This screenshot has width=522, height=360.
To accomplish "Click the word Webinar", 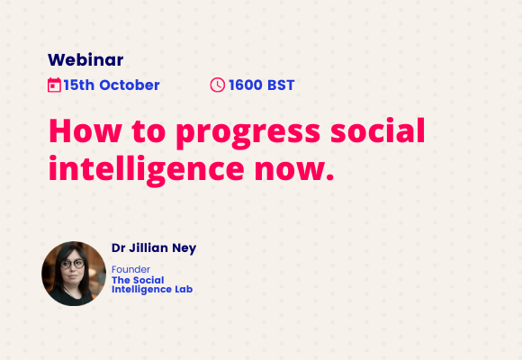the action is click(x=85, y=60).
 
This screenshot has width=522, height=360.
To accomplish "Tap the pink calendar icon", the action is click(x=54, y=85).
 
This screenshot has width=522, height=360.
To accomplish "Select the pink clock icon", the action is click(x=218, y=85).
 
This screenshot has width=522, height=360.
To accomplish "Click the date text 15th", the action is click(x=79, y=85).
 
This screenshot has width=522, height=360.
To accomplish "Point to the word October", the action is click(x=130, y=85).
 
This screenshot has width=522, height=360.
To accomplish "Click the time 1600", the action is click(x=246, y=85).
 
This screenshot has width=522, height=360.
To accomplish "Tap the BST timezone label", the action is click(x=281, y=85).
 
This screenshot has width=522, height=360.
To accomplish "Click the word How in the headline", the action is click(x=85, y=131).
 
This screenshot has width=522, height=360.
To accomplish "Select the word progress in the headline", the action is click(x=248, y=133).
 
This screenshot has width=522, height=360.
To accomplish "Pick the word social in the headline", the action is click(x=377, y=130).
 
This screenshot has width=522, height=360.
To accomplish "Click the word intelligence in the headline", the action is click(x=147, y=170).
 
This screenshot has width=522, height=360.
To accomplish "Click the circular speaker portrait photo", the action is click(x=74, y=274).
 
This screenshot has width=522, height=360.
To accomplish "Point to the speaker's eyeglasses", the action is click(x=73, y=264).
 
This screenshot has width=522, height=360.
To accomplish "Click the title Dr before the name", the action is click(x=118, y=248).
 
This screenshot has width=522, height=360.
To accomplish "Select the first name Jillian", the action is click(x=148, y=248).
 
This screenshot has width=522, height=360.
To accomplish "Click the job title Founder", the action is click(x=130, y=269).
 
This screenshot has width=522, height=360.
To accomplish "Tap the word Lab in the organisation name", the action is click(x=184, y=290).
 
